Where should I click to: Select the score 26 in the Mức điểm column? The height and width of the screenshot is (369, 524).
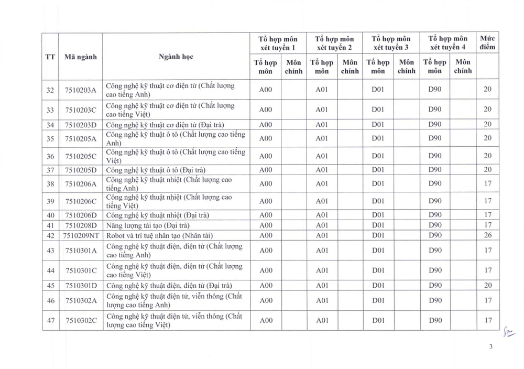(487, 235)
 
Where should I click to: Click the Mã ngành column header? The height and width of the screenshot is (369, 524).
(80, 57)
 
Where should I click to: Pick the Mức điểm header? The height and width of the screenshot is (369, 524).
(487, 43)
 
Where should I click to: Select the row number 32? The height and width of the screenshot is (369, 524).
(50, 90)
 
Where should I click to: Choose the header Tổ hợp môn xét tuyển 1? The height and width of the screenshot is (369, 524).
(278, 43)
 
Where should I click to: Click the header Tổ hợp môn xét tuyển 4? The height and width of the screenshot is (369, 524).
(448, 43)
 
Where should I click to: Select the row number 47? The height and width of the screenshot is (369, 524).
(50, 320)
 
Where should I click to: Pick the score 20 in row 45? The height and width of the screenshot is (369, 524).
(487, 286)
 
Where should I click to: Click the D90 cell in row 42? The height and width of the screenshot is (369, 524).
(435, 235)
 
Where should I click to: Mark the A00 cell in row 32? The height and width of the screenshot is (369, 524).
(266, 90)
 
